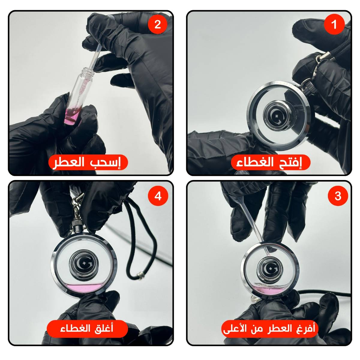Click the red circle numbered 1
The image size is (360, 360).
(334, 24)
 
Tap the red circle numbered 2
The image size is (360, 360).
(157, 24)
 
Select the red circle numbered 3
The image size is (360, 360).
(338, 196)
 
